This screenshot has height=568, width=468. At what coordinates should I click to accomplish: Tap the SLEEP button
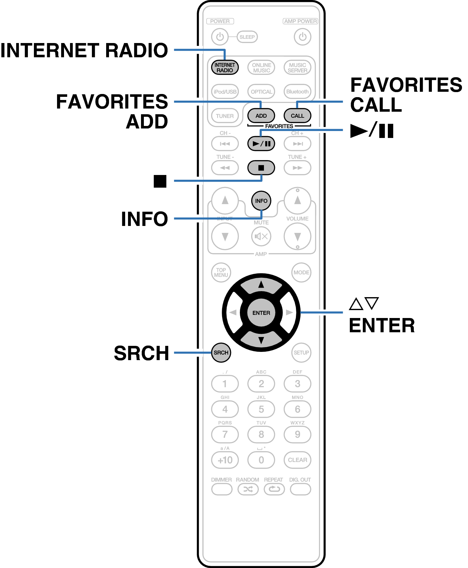pos(247,37)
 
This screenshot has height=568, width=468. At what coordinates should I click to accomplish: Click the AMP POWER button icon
pos(302,37)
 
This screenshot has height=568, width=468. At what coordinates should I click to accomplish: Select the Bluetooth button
pos(297,91)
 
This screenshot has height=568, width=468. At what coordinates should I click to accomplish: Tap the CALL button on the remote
pos(297,115)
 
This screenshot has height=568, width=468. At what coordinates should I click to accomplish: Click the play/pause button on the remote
pos(261,144)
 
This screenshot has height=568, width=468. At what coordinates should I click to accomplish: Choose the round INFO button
pos(261,201)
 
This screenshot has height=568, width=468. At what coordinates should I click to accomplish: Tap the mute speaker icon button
pos(261,236)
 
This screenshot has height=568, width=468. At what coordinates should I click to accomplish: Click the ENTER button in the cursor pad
pos(261,313)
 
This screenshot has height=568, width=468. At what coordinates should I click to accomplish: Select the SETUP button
pos(301,353)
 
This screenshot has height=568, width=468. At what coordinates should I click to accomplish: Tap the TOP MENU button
pos(221,272)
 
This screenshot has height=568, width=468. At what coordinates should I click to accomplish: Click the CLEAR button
pos(297,460)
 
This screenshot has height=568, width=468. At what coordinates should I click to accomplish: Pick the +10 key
pos(225,460)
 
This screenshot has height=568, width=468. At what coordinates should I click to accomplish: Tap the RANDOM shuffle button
pos(248,489)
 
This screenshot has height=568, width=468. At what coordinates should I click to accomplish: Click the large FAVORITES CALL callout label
pos(406,95)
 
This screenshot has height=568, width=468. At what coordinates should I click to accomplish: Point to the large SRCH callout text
pos(141,353)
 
